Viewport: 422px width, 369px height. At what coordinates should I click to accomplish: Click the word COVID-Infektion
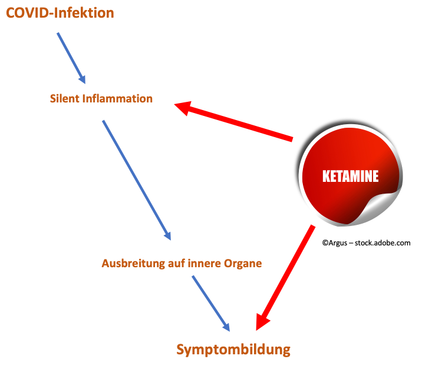pyautogui.click(x=60, y=13)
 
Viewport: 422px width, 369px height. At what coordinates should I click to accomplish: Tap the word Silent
pyautogui.click(x=65, y=98)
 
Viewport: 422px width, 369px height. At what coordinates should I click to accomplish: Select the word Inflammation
pyautogui.click(x=117, y=98)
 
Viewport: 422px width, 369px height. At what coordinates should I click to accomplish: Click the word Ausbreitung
pyautogui.click(x=133, y=264)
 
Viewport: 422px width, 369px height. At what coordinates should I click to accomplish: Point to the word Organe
pyautogui.click(x=243, y=264)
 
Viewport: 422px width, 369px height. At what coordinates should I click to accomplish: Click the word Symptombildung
pyautogui.click(x=233, y=350)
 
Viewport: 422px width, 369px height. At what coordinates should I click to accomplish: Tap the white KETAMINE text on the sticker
pyautogui.click(x=351, y=177)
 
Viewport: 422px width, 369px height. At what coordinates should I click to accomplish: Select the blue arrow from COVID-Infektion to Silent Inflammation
pyautogui.click(x=71, y=58)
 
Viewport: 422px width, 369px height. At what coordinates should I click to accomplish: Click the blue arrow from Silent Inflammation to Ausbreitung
pyautogui.click(x=137, y=180)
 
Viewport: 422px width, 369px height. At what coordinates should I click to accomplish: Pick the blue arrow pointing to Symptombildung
pyautogui.click(x=211, y=304)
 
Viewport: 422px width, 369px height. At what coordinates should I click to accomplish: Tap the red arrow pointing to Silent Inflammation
pyautogui.click(x=233, y=121)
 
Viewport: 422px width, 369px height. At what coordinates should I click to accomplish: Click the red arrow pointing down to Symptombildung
pyautogui.click(x=285, y=278)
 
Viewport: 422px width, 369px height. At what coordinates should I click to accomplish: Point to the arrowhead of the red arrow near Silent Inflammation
pyautogui.click(x=184, y=108)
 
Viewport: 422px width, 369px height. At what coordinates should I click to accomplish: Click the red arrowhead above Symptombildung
pyautogui.click(x=262, y=321)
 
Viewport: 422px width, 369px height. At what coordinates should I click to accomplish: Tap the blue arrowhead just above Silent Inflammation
pyautogui.click(x=83, y=79)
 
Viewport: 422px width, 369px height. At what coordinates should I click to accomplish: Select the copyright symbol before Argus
pyautogui.click(x=325, y=243)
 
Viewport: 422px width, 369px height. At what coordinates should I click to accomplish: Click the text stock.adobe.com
pyautogui.click(x=383, y=243)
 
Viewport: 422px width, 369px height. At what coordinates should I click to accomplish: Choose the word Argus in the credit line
pyautogui.click(x=338, y=243)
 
